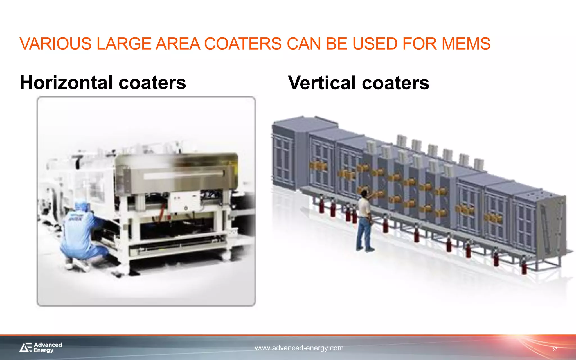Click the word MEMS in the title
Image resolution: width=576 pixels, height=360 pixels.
pos(466,44)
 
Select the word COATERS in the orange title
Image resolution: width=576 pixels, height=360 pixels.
pos(243,44)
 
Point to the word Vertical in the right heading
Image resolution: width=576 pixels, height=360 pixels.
pos(322,83)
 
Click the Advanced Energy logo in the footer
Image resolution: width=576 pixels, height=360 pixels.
pos(41,348)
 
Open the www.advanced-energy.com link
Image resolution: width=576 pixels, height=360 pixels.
pos(299,348)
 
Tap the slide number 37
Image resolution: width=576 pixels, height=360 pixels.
pos(554,349)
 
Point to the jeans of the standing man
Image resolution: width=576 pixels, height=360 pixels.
pos(363,232)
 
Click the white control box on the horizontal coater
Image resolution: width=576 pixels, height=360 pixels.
pos(184,201)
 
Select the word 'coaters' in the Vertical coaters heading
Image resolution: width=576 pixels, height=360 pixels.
pos(395,83)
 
